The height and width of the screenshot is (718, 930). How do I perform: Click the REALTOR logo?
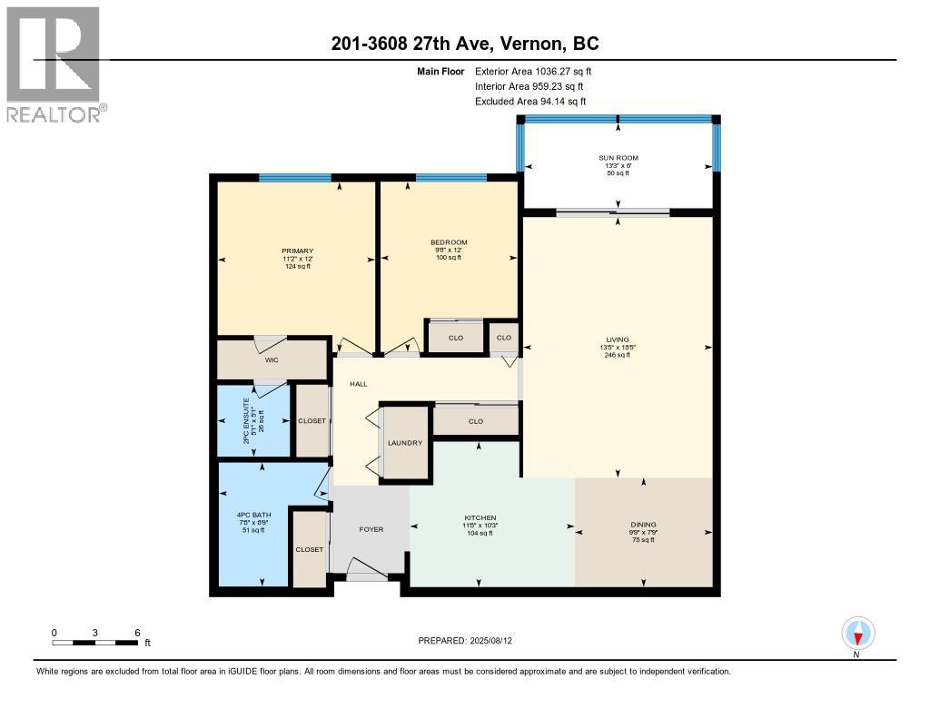pos(54,64)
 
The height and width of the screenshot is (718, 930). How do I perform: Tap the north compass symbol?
pos(857,633)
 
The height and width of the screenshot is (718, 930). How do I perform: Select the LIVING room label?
pos(618,340)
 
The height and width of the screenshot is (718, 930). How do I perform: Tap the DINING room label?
pos(643,525)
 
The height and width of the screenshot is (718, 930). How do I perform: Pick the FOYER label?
pos(371,529)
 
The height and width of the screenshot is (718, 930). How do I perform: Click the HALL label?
pos(359,385)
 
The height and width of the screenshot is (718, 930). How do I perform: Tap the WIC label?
pos(271,360)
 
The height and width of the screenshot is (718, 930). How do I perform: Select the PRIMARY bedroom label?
pos(297,251)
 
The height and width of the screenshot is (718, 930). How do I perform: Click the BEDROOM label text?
pos(449,242)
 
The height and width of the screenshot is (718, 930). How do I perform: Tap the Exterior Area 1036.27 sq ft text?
pos(533,71)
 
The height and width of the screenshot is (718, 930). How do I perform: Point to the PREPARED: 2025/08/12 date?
pos(471,641)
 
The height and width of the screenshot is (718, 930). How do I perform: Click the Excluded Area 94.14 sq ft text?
pos(530,102)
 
